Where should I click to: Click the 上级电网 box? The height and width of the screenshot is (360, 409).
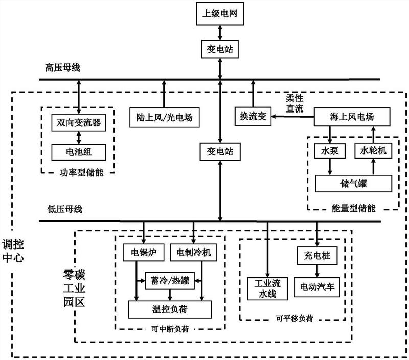click(x=220, y=14)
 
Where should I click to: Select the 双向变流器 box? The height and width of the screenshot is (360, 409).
click(x=79, y=122)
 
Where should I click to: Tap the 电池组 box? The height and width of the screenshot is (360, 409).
click(x=79, y=152)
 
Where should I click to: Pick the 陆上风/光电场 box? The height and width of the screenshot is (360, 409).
click(x=164, y=118)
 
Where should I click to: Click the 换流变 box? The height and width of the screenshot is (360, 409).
click(x=253, y=116)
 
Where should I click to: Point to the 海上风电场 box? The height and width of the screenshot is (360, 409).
click(x=352, y=117)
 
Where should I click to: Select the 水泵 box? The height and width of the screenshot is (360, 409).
click(x=330, y=150)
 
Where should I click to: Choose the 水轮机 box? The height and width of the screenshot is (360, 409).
click(x=373, y=150)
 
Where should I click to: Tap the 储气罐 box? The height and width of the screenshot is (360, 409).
click(x=353, y=184)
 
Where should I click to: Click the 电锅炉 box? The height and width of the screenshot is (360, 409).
click(x=144, y=252)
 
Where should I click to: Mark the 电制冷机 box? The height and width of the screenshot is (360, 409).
click(x=193, y=252)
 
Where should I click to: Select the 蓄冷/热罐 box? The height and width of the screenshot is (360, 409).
click(x=170, y=281)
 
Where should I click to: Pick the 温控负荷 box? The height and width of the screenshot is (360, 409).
click(x=170, y=309)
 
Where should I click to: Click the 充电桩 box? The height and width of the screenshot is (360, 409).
click(x=317, y=256)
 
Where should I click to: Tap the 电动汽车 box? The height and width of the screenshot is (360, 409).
click(x=317, y=287)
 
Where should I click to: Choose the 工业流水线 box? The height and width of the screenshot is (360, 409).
click(x=267, y=288)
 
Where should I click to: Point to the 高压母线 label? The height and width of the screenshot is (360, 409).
click(x=62, y=67)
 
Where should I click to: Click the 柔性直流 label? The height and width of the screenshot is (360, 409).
click(x=295, y=103)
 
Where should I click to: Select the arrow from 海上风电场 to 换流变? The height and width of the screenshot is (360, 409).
click(x=292, y=117)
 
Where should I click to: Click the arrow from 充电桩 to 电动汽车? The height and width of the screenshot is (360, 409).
click(x=317, y=271)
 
